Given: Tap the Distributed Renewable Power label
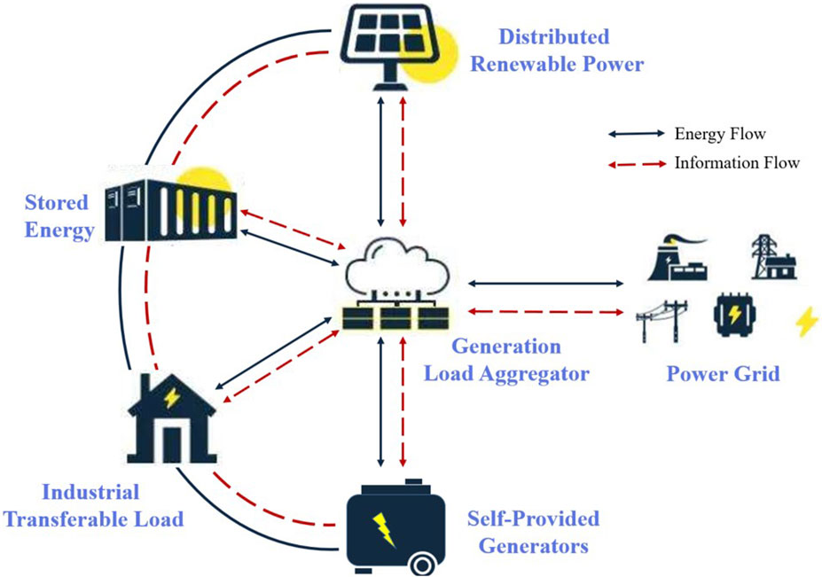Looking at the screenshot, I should (x=554, y=51).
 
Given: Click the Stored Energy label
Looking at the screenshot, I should (x=57, y=217).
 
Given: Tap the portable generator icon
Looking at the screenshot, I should (x=387, y=524).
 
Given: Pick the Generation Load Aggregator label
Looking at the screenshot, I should (x=505, y=360).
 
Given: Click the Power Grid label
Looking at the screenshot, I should (x=723, y=373).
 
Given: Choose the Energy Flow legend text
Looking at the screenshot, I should (x=719, y=135).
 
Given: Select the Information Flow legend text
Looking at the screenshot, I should (x=737, y=163).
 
